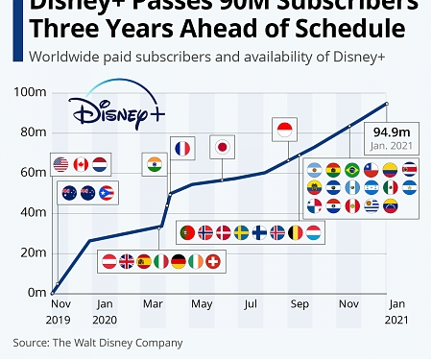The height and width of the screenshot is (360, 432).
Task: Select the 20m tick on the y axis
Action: point(35,252)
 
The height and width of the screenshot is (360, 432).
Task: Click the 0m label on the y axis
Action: point(37,292)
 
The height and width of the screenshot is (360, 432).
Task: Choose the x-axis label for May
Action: point(202,304)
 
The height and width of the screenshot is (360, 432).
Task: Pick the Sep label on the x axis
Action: point(300,304)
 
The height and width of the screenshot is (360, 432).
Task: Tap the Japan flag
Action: point(222,147)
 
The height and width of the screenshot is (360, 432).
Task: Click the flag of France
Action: point(182,148)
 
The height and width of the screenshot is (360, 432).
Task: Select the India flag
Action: point(154,163)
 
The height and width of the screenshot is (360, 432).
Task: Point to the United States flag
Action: point(60,163)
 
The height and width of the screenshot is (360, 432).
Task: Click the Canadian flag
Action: point(81,163)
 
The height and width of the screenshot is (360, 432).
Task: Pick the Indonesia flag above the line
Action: point(282,130)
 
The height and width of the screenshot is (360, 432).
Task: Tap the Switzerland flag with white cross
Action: point(213,260)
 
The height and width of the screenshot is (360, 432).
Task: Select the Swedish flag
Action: point(241,231)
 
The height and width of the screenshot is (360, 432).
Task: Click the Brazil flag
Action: point(351,170)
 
